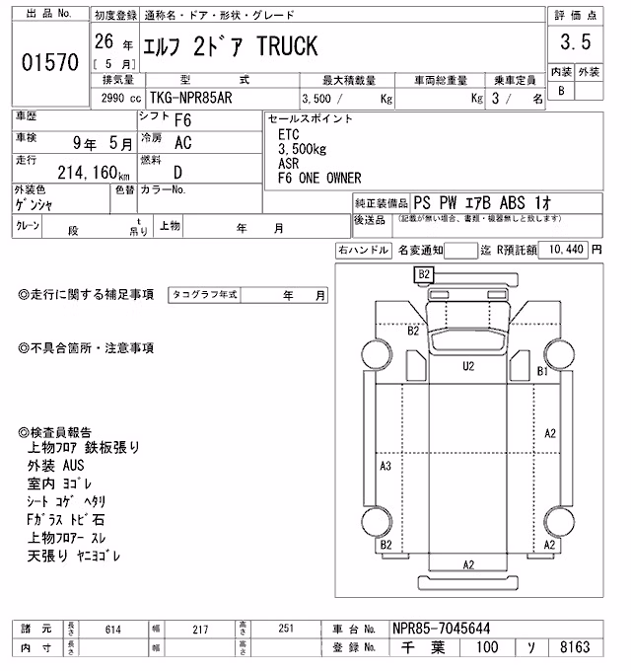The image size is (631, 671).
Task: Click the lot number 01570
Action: tap(50, 62)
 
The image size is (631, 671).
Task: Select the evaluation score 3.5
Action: tap(576, 41)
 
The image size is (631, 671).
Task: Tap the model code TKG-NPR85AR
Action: tap(190, 98)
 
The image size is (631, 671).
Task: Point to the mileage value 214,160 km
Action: tap(94, 173)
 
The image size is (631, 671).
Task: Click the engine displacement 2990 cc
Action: tap(121, 99)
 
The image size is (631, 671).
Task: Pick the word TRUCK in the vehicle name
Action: tap(287, 46)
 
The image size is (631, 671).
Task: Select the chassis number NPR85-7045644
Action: tap(441, 629)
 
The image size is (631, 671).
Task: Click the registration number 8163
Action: tap(575, 647)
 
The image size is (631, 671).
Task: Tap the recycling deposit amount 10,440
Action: tap(566, 249)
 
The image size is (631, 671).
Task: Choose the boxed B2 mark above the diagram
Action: tap(424, 274)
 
